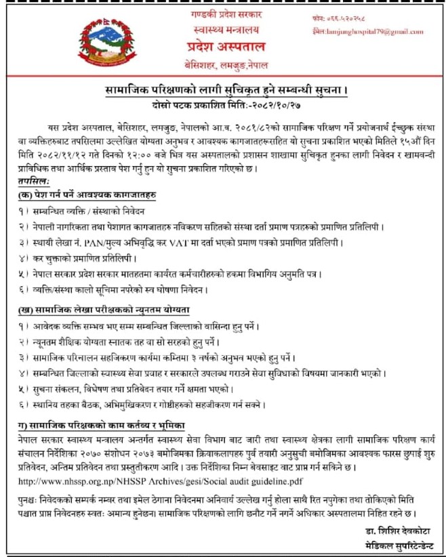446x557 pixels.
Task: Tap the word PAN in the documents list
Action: [x=109, y=241]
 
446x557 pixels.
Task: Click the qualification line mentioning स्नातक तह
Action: [x=129, y=341]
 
